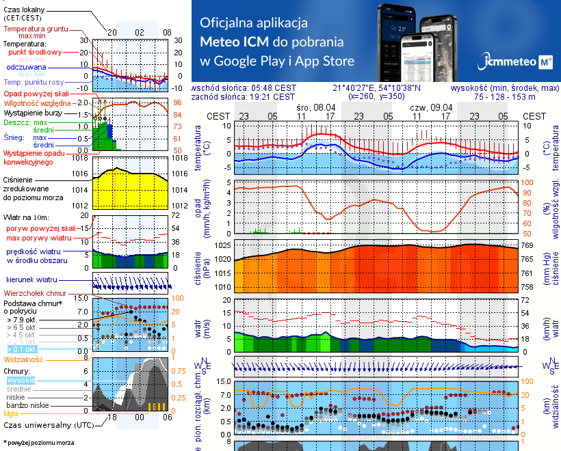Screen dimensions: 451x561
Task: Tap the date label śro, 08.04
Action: (x=316, y=107)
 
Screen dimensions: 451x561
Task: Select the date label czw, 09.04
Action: (x=431, y=107)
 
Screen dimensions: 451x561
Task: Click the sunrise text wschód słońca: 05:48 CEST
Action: (x=244, y=88)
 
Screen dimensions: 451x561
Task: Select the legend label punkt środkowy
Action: (x=35, y=52)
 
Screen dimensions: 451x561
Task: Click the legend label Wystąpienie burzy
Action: (x=33, y=111)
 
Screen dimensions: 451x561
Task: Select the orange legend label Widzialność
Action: (x=24, y=358)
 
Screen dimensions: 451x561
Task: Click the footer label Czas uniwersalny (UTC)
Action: (x=47, y=425)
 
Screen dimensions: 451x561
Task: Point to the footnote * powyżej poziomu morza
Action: (x=38, y=443)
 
